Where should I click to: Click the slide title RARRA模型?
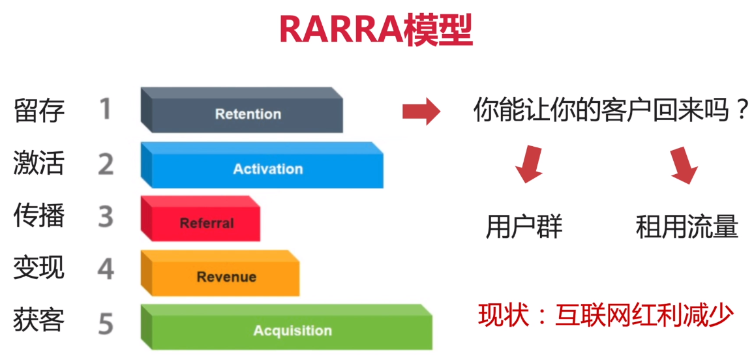point(376,30)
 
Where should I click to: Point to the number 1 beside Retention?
point(105,109)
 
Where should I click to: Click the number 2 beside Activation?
point(106,164)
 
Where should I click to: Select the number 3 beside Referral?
point(106,217)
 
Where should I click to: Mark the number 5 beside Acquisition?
point(106,323)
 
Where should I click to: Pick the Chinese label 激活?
point(39,163)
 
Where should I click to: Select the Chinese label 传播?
point(39,216)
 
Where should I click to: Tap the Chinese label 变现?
point(39,268)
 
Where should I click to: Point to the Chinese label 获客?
point(39,322)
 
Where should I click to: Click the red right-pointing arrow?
point(421,112)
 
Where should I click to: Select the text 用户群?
point(524,227)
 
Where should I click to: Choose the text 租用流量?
point(687,227)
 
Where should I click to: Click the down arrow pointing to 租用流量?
point(684,165)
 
